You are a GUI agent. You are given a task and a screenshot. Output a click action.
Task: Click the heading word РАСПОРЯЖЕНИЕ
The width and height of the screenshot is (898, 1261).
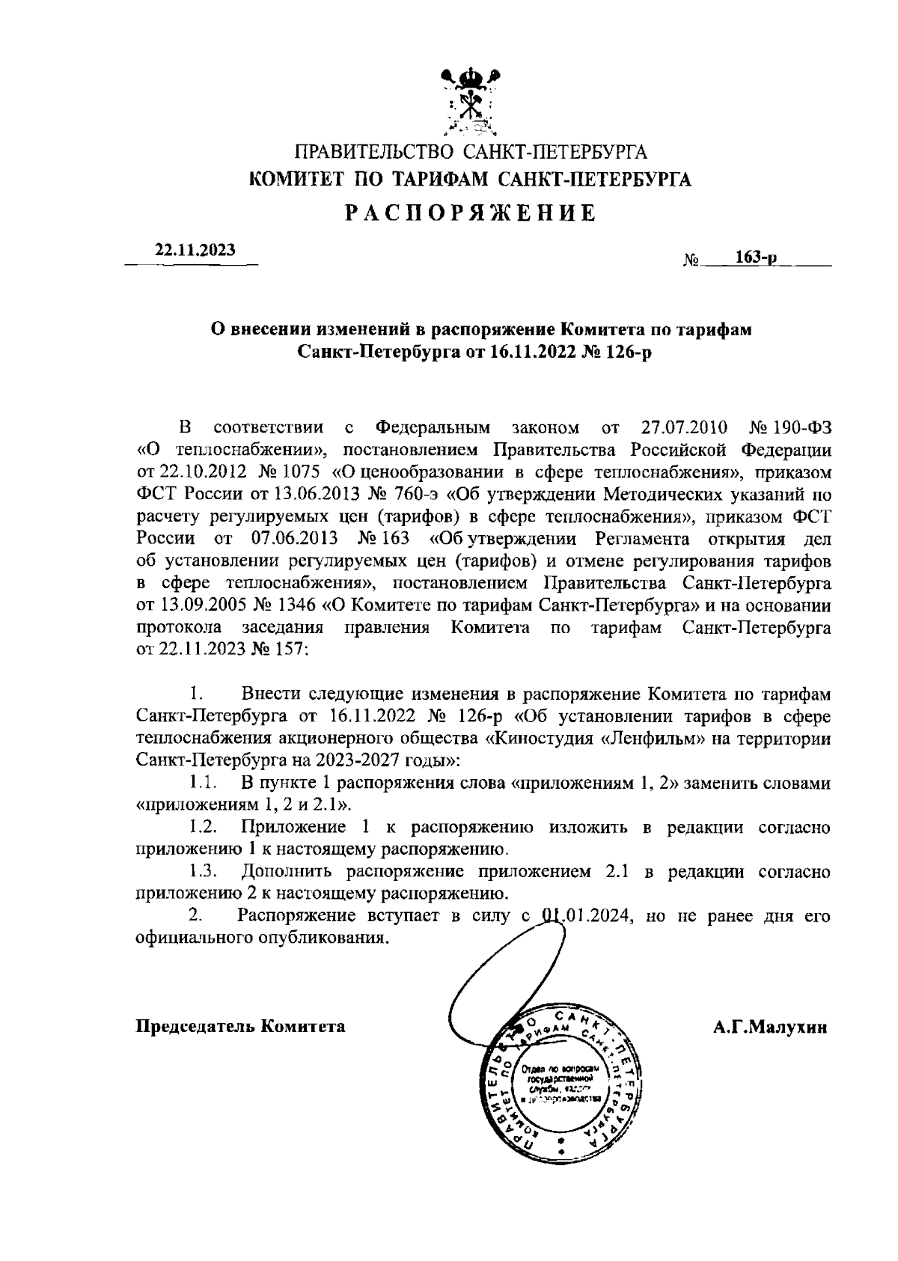(471, 214)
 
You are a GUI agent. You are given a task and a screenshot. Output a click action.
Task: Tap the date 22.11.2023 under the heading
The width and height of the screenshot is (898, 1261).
(195, 251)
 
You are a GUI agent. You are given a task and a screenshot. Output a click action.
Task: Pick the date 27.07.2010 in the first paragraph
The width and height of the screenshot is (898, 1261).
(685, 428)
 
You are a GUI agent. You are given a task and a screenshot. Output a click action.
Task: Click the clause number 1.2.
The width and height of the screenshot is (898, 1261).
(202, 827)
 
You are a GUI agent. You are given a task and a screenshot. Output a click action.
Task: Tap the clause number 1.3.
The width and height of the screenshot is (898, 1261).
(202, 871)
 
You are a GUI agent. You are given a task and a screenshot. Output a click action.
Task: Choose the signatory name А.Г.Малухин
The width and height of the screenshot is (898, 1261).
(770, 1028)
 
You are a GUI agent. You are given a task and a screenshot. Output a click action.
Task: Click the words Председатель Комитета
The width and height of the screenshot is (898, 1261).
(240, 1027)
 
